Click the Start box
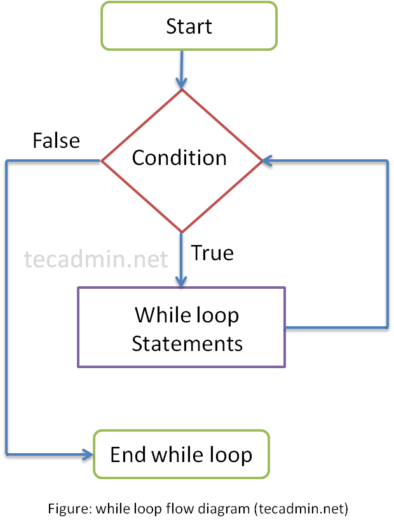pos(189,26)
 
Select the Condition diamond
pos(181,161)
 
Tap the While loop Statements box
pos(181,328)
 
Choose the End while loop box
pos(181,454)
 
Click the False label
pos(56,140)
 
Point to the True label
pos(212,253)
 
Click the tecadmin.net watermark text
pos(96,259)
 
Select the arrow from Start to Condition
pos(181,70)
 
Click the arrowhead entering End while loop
pos(88,454)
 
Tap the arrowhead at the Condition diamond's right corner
pos(267,161)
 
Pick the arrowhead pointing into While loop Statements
pos(181,282)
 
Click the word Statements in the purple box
pos(187,343)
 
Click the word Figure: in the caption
pos(70,509)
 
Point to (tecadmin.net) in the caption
pos(301,509)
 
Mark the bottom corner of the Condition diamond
pos(181,232)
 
